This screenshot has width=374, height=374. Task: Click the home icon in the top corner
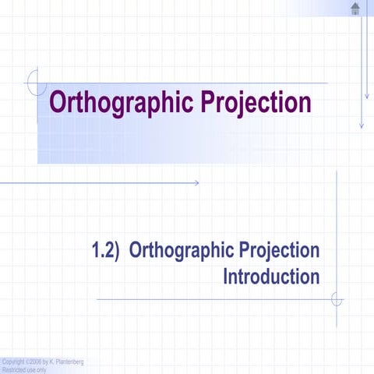pyautogui.click(x=355, y=9)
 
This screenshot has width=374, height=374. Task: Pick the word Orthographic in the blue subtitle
pyautogui.click(x=181, y=252)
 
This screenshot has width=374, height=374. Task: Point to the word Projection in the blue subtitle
pyautogui.click(x=280, y=252)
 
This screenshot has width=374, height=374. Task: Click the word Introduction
pyautogui.click(x=271, y=277)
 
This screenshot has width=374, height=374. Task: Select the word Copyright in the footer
pyautogui.click(x=13, y=362)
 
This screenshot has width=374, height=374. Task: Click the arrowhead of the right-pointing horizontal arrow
pyautogui.click(x=197, y=183)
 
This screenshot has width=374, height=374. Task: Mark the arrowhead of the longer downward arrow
pyautogui.click(x=361, y=125)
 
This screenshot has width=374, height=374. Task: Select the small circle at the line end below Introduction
pyautogui.click(x=337, y=299)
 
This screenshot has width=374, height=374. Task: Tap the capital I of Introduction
pyautogui.click(x=226, y=277)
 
